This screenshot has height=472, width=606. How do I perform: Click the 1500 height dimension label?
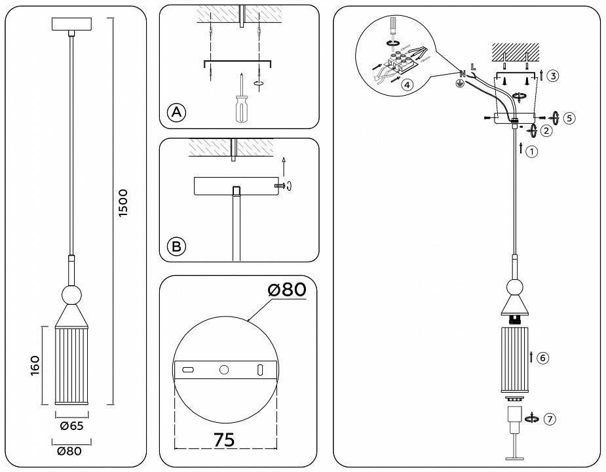pos(123,204)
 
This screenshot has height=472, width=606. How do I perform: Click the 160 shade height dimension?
pos(35,366)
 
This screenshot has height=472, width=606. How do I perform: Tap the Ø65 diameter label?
pos(71,426)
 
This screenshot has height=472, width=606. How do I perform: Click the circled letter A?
pos(176,112)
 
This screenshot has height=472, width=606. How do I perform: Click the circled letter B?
pos(176,246)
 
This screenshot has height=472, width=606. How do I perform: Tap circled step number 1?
pos(532,151)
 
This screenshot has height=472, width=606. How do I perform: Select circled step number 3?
pos(553,77)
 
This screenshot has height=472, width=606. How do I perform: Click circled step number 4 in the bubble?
pos(407,85)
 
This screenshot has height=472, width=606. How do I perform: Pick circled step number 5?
pos(569,118)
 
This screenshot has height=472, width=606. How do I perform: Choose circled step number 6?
pos(542,358)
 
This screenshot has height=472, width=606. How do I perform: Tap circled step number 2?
pos(547,130)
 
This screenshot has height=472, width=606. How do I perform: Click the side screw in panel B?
pos(282,186)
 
